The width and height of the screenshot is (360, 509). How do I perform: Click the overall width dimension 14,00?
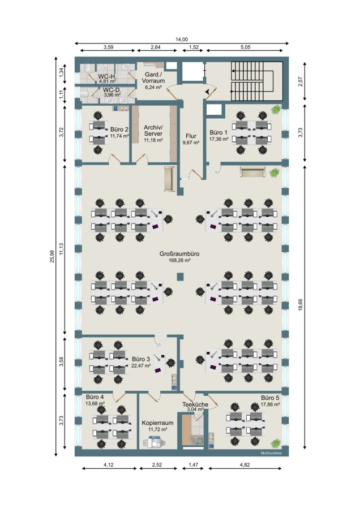182,39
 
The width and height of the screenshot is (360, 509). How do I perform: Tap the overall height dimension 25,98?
52,256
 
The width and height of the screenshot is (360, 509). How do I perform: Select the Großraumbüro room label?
179,253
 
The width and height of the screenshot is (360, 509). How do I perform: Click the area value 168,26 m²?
179,260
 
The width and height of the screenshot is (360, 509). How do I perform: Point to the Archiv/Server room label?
153,130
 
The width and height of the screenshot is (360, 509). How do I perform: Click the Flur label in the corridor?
191,136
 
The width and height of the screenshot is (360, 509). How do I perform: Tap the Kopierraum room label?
157,422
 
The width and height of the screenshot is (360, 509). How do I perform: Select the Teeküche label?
195,404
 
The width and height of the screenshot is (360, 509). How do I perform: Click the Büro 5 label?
270,398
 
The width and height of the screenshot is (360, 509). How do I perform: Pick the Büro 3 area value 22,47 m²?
141,365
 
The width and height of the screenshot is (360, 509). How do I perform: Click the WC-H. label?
107,76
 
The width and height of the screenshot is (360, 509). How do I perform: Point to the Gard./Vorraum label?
153,77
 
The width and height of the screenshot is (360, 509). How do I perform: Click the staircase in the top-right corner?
256,81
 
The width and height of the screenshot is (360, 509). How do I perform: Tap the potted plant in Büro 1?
276,109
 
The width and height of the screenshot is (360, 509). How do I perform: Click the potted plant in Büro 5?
276,443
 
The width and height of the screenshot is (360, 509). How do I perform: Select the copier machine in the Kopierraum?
155,442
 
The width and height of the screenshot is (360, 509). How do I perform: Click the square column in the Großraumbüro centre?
180,277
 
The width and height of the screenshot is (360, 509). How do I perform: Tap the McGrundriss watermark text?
271,453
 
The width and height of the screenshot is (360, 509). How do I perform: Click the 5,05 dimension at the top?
245,47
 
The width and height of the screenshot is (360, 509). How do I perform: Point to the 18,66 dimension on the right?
300,305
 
